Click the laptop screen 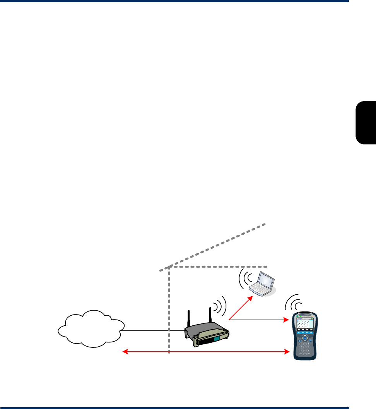click(x=266, y=280)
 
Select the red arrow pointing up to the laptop click(x=241, y=308)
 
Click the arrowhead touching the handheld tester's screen click(x=288, y=320)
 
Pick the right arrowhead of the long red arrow click(x=287, y=352)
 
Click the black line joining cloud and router click(x=153, y=331)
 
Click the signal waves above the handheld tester click(x=292, y=302)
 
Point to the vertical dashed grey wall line click(x=169, y=310)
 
